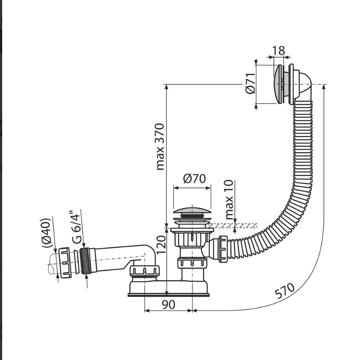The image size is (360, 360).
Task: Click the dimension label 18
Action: (278, 50)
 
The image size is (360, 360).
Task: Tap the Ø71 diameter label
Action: (251, 83)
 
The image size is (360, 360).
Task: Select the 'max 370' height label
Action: (160, 147)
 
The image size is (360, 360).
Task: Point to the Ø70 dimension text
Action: (195, 179)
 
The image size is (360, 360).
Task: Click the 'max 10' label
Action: (229, 200)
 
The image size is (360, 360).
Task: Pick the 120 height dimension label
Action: (161, 245)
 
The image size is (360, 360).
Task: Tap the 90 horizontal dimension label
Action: (169, 304)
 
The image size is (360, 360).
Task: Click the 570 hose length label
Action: (285, 290)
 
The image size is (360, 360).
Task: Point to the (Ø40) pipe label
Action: (46, 233)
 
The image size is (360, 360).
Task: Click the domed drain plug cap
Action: (192, 210)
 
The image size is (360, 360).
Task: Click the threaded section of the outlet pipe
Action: (85, 261)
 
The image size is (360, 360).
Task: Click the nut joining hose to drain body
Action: (223, 249)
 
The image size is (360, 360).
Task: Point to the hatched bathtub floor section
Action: (233, 226)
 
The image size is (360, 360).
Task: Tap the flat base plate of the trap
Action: (168, 295)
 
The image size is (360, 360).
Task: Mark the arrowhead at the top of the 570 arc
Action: (324, 87)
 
